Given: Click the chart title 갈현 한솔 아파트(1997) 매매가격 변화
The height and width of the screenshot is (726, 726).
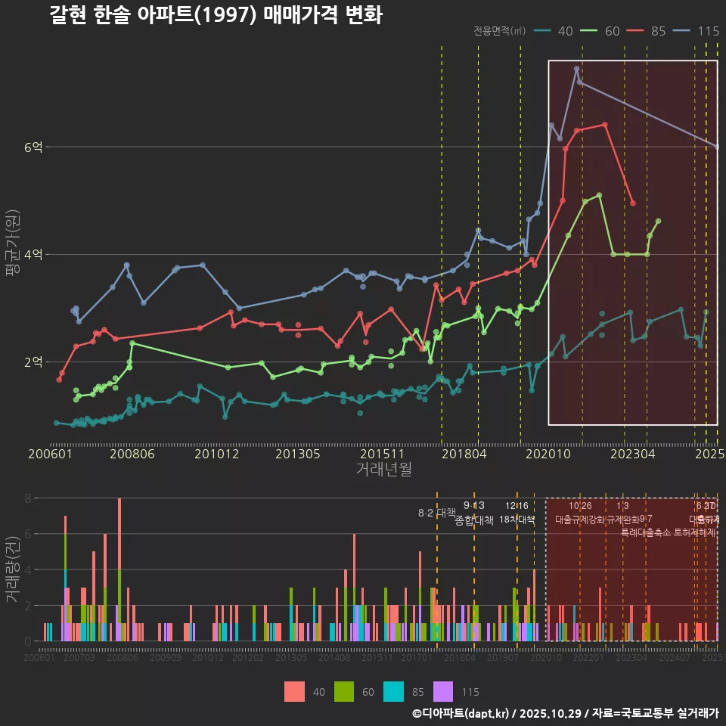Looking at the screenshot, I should coord(216,15).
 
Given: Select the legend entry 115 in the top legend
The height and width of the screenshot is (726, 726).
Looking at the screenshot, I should coord(700,31).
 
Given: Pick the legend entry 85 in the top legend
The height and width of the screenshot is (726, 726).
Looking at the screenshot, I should coord(650,31).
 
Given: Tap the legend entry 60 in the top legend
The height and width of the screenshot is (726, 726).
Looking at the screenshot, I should coord(603,31).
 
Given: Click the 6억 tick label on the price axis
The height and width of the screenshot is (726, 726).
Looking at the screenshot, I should coord(33,147).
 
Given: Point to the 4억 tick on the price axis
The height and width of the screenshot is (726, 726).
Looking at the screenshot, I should coord(33,254).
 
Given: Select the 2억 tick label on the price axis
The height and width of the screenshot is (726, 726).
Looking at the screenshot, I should coord(33,361).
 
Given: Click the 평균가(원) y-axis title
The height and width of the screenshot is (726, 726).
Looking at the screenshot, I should coord(12,254).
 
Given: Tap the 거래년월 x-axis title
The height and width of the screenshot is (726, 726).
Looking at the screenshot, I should coord(383,469).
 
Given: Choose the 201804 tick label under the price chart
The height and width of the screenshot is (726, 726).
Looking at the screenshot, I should coord(463,454).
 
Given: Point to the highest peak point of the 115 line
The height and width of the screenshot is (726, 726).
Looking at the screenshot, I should coord(576,68).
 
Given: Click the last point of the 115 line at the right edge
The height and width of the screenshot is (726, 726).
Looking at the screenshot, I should coord(717,147).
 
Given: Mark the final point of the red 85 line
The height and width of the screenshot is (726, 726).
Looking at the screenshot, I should coord(633,203).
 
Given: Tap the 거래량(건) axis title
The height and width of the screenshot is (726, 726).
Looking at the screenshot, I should coord(12,569).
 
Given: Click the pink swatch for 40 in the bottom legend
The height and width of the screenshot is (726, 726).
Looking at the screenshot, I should coord(294,691).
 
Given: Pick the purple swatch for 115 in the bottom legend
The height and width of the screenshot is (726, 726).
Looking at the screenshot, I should coord(443,691).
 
